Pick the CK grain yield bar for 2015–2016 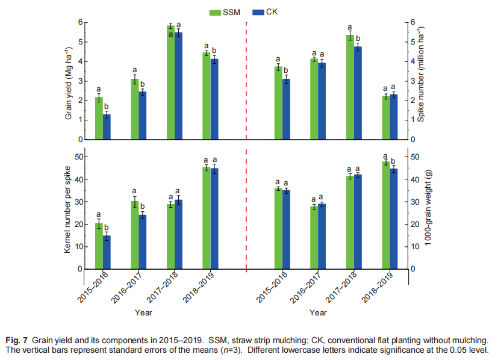click(107, 127)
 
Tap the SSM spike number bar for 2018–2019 click(385, 118)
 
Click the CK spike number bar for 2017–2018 click(358, 93)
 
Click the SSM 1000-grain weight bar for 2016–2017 click(314, 238)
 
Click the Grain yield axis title click(69, 81)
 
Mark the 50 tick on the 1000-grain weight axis click(412, 157)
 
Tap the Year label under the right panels click(318, 313)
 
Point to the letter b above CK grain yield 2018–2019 click(214, 51)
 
